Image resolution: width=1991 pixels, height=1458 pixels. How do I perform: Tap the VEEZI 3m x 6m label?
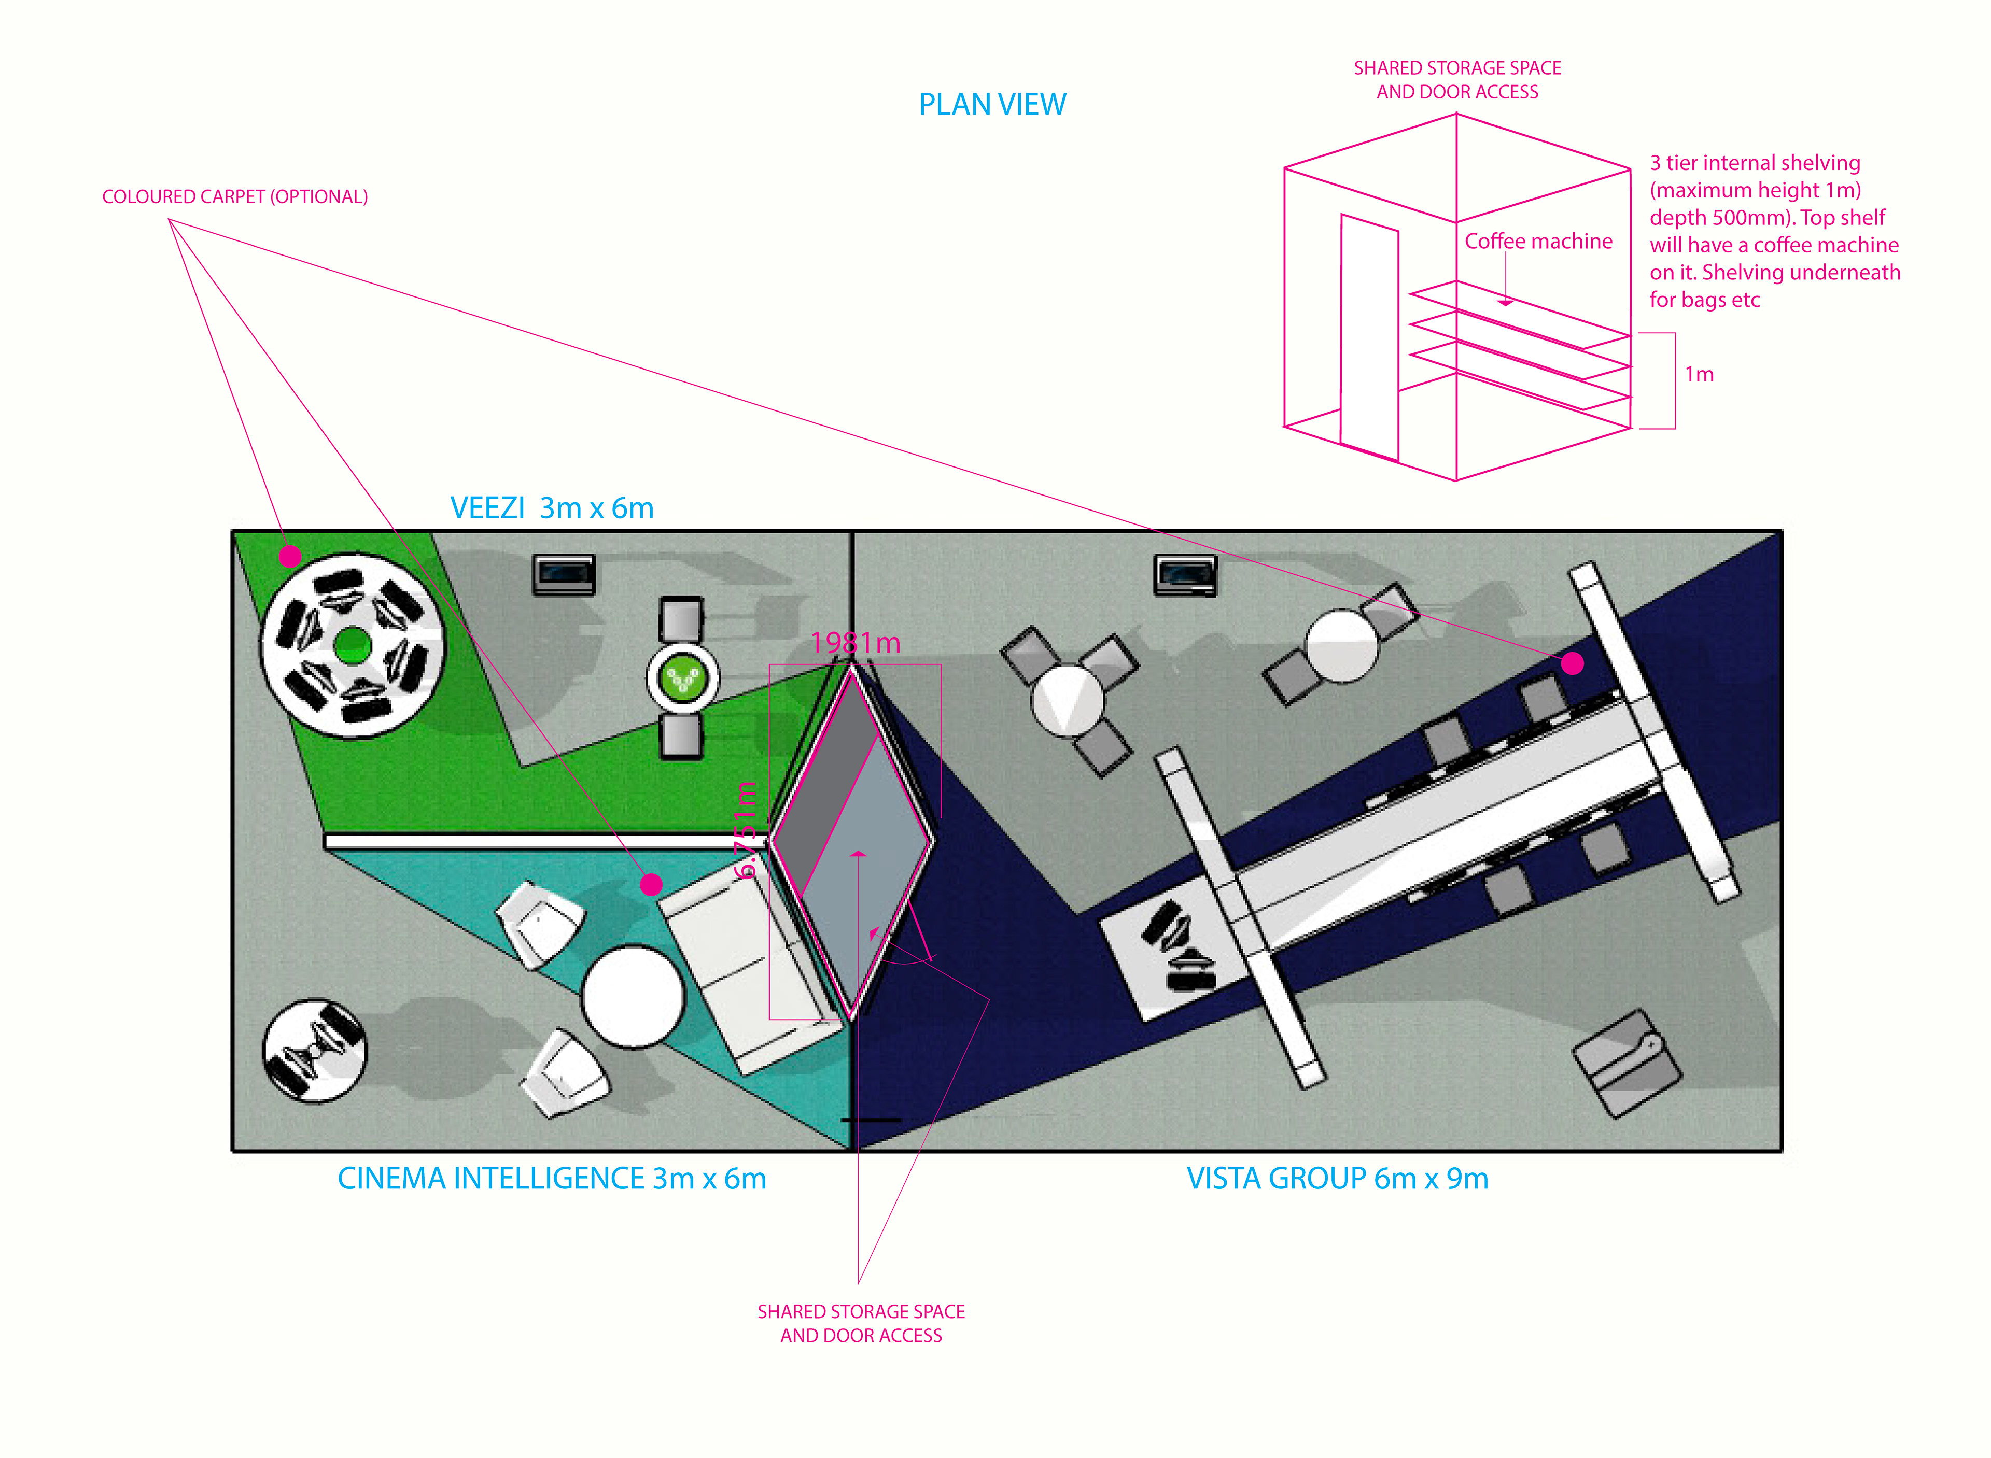(552, 508)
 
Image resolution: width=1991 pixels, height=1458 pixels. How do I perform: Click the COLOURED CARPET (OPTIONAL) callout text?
(235, 197)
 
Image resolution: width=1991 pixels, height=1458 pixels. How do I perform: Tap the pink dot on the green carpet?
(290, 557)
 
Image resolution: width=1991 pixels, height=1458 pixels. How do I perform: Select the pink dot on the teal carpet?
(651, 884)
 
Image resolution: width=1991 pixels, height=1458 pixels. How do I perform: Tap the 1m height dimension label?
(1699, 374)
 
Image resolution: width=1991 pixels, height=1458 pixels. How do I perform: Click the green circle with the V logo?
(682, 678)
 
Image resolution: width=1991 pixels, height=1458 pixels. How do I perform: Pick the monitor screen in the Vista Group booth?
(1185, 575)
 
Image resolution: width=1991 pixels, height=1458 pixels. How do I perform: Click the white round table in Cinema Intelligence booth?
(633, 996)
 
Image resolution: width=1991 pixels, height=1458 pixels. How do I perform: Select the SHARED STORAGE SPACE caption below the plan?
(861, 1323)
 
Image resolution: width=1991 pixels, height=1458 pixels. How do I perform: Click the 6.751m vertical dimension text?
(746, 830)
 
